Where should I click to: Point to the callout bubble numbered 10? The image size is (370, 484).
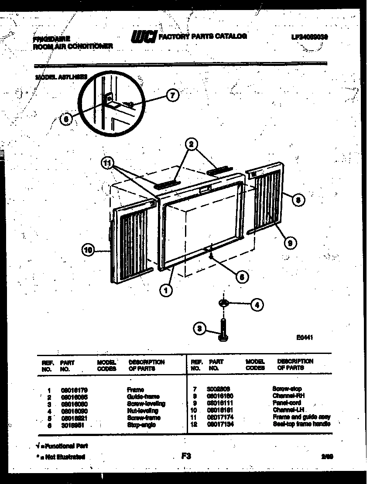pos(88,250)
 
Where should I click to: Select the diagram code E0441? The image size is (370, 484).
pos(304,337)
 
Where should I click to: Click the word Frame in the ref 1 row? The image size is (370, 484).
pos(135,390)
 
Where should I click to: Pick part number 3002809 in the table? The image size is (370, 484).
pos(219,388)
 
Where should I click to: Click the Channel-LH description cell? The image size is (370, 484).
pos(288,410)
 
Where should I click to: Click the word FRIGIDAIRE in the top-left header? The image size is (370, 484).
pos(51,39)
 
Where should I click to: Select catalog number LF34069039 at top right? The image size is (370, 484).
pos(309,37)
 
